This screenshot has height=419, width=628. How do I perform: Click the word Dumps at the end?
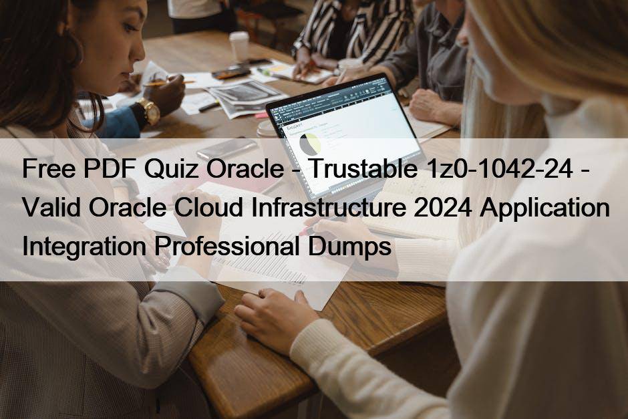click(349, 246)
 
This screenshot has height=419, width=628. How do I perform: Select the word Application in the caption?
click(545, 208)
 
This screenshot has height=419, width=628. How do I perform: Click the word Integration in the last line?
click(84, 247)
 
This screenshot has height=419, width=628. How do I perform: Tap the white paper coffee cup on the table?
click(239, 46)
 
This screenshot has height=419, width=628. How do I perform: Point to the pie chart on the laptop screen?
click(310, 145)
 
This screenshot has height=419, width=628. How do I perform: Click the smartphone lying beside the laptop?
click(226, 148)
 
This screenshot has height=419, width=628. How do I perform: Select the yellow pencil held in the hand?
click(169, 82)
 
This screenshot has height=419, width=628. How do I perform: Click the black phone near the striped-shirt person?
click(231, 72)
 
